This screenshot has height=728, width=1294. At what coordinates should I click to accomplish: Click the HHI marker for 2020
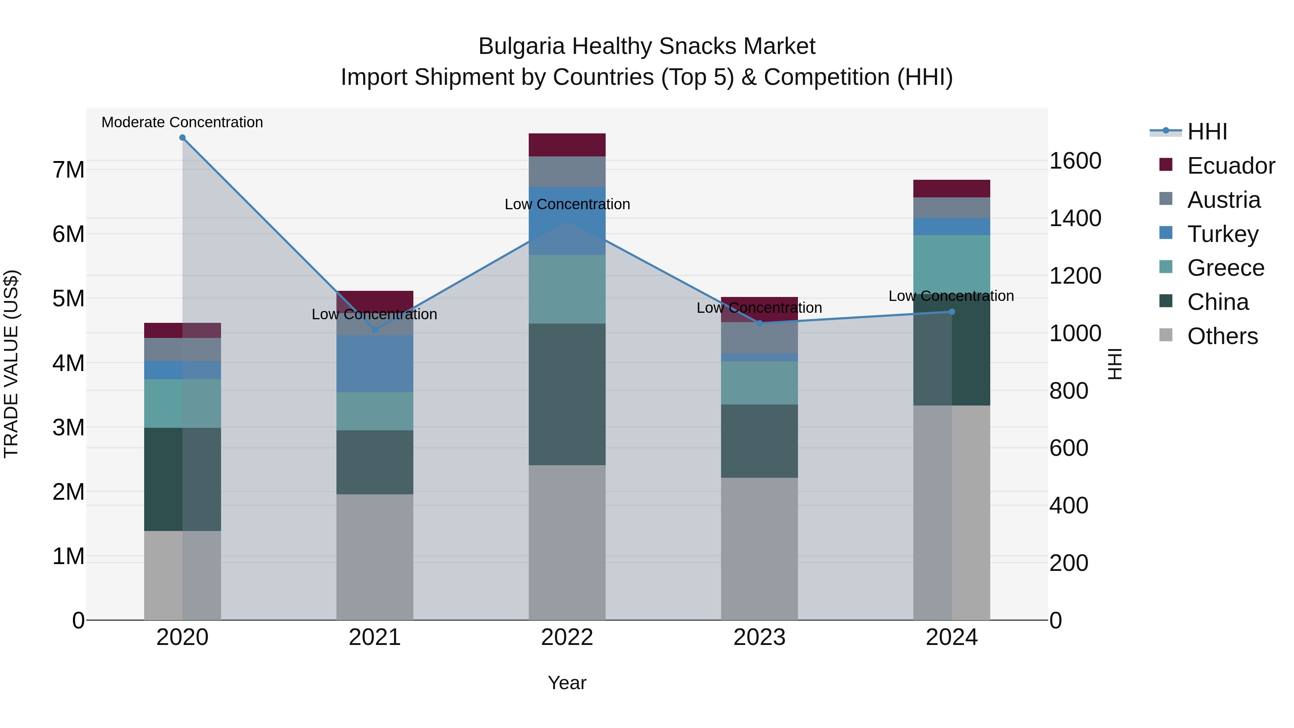coord(182,138)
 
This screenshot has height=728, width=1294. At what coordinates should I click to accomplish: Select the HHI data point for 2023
coord(760,324)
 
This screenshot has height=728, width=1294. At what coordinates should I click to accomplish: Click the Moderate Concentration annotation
coord(182,122)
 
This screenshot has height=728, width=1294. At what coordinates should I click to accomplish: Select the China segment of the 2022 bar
coord(567,394)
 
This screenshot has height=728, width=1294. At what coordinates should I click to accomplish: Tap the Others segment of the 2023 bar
coord(760,549)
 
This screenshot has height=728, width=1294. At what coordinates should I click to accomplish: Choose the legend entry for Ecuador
coord(1231,166)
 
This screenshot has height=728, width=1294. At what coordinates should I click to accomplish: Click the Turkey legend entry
coord(1223,234)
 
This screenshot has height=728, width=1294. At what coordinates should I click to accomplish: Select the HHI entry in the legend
coord(1207,132)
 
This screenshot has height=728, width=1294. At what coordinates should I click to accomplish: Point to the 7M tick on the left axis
coord(68,170)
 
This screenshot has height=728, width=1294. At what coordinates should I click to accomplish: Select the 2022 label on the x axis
coord(567,637)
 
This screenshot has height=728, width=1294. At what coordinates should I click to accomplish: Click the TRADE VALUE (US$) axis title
coord(11,364)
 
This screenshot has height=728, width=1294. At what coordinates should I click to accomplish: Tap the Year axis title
coord(567,683)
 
